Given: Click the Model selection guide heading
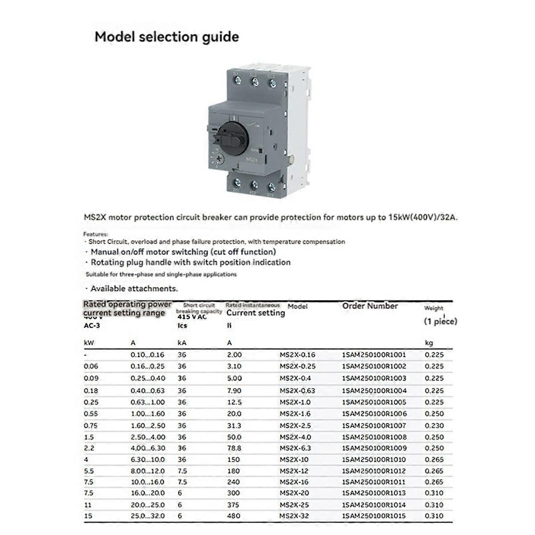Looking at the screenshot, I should pyautogui.click(x=166, y=37).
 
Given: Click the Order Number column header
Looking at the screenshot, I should pyautogui.click(x=370, y=306).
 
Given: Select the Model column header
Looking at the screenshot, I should pyautogui.click(x=297, y=307).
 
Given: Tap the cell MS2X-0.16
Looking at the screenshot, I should pyautogui.click(x=297, y=355).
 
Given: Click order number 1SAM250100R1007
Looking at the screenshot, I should pyautogui.click(x=374, y=425).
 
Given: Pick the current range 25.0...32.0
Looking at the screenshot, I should pyautogui.click(x=148, y=516).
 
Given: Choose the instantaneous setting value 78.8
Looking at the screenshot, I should pyautogui.click(x=234, y=448).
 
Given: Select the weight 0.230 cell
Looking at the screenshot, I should pyautogui.click(x=434, y=425).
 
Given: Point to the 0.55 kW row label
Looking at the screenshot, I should pyautogui.click(x=91, y=414).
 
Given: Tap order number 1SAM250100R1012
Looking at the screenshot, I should pyautogui.click(x=374, y=471).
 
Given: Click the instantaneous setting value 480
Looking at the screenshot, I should pyautogui.click(x=233, y=516).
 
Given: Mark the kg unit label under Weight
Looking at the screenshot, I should pyautogui.click(x=428, y=343).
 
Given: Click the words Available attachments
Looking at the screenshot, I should pyautogui.click(x=134, y=288).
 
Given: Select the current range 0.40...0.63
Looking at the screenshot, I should pyautogui.click(x=148, y=391).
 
